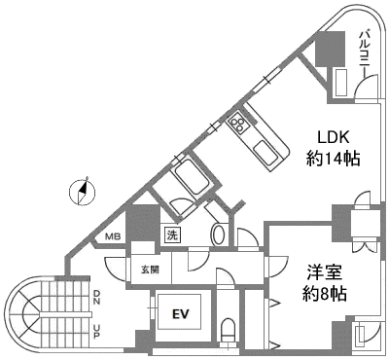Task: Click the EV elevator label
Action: pyautogui.click(x=179, y=314)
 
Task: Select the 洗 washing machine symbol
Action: pyautogui.click(x=171, y=234)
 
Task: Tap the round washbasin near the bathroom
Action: pyautogui.click(x=218, y=234)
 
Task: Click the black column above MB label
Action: pyautogui.click(x=143, y=222)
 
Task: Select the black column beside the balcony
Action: pyautogui.click(x=332, y=49)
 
